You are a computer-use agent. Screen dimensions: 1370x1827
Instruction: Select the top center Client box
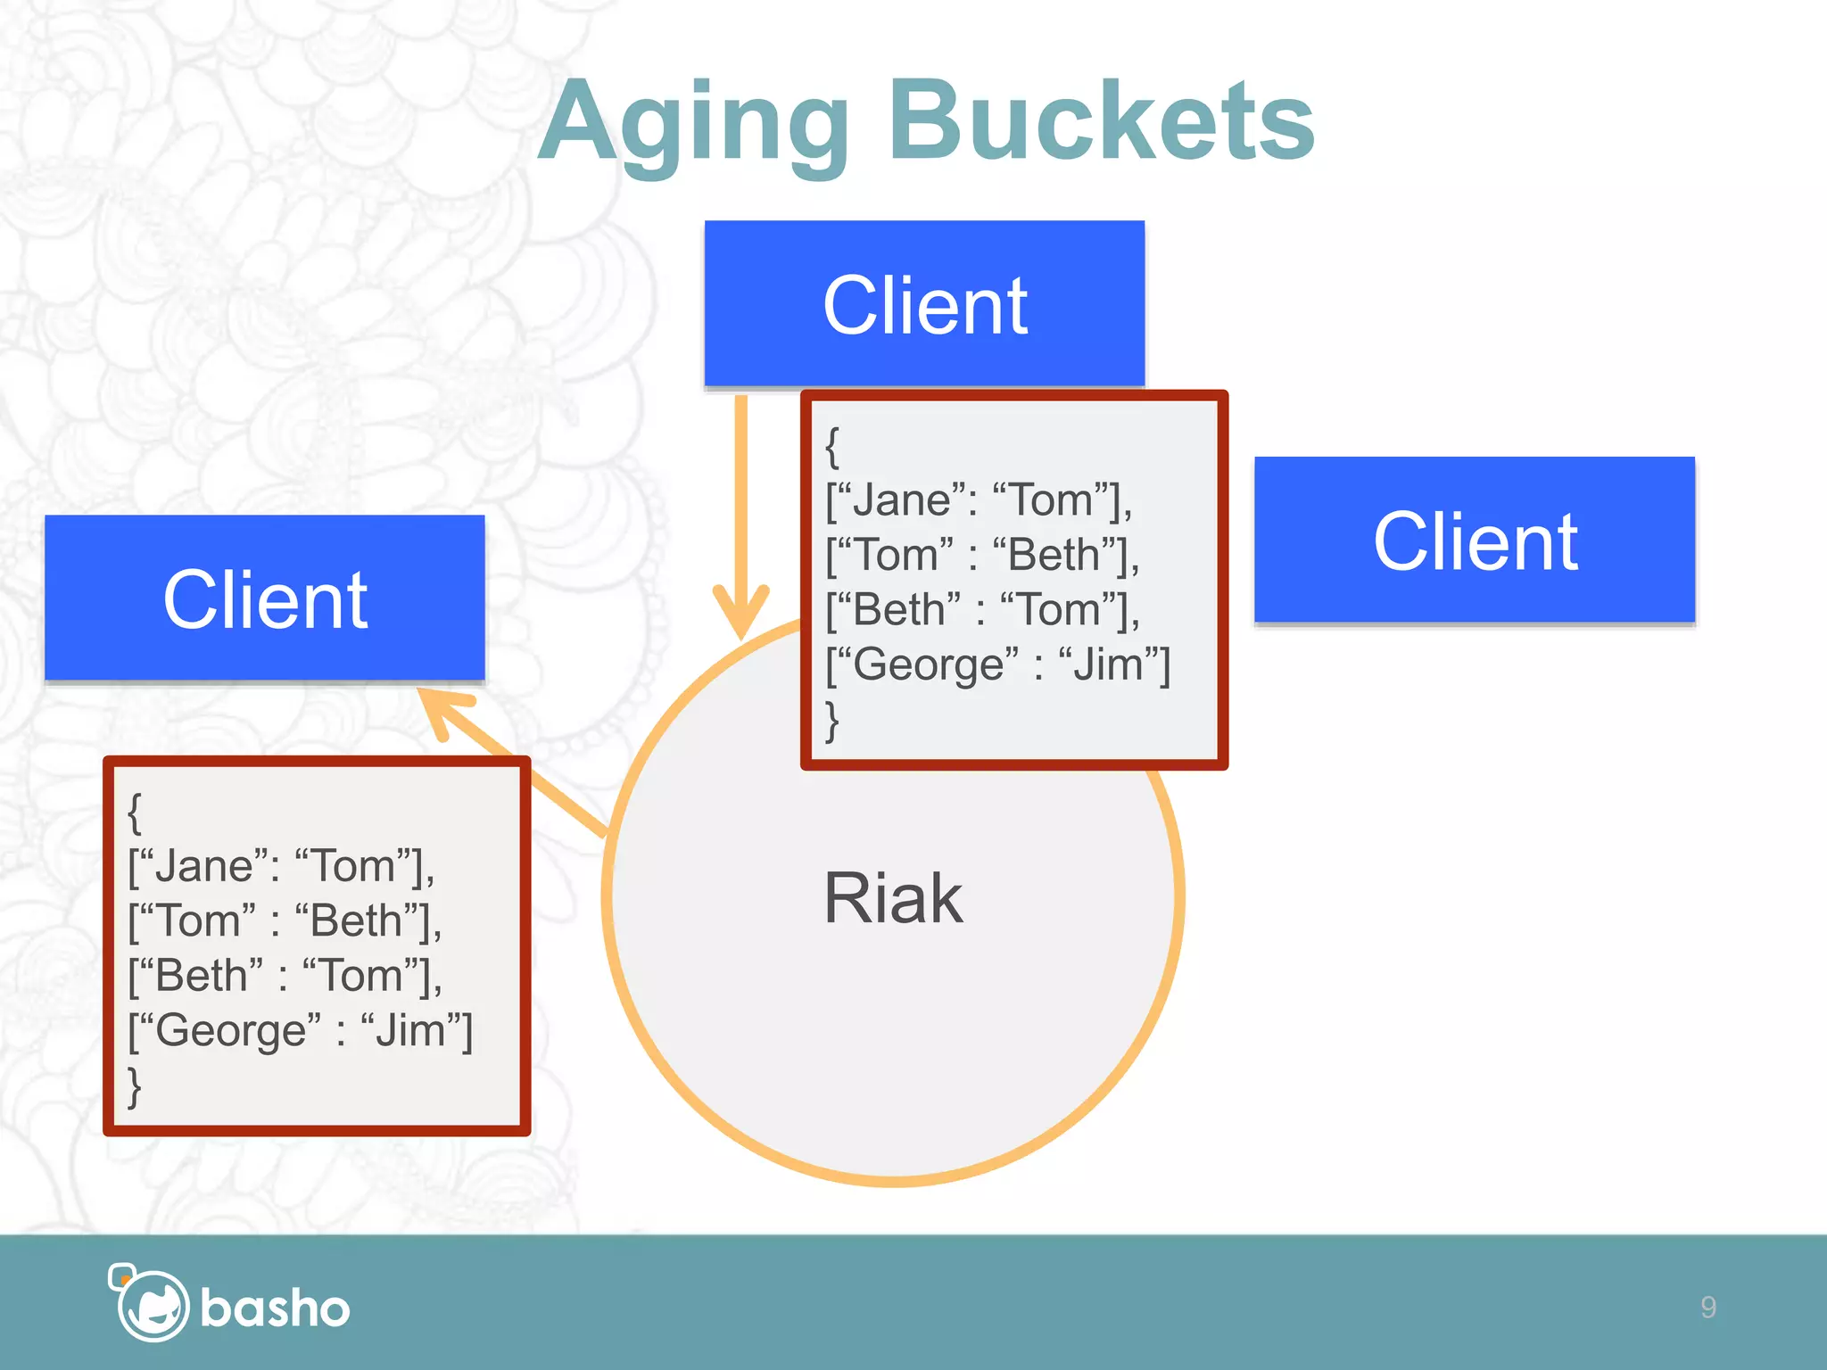tap(924, 304)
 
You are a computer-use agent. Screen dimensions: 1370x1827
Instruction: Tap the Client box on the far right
tap(1474, 541)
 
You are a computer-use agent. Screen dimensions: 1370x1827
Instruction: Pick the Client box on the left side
tap(265, 598)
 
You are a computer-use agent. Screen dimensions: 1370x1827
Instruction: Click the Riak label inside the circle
tap(892, 898)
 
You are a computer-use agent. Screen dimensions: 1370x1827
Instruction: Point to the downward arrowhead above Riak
tap(740, 611)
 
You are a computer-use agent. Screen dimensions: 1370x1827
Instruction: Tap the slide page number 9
tap(1707, 1307)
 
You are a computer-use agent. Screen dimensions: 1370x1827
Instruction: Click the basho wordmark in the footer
tap(275, 1308)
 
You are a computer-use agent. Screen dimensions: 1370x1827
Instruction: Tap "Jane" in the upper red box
tap(901, 499)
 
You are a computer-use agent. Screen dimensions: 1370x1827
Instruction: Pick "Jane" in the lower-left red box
tap(203, 866)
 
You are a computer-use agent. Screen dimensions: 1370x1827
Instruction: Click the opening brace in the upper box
tap(832, 446)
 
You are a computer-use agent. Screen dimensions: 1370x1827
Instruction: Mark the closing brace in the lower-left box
tap(135, 1086)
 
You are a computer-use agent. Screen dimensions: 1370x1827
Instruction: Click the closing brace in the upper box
tap(832, 721)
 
